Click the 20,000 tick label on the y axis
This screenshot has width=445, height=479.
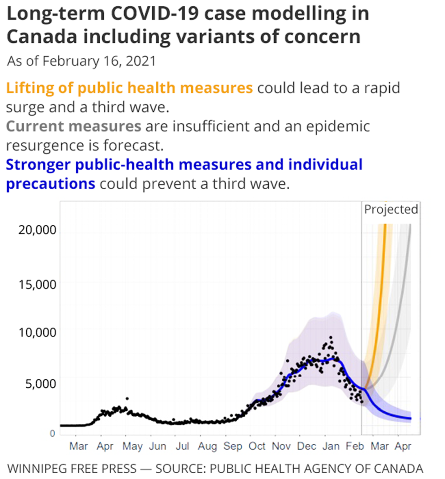click(x=37, y=230)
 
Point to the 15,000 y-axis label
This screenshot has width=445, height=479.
click(x=37, y=284)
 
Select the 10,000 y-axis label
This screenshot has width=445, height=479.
click(x=37, y=332)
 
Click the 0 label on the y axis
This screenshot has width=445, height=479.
click(x=52, y=433)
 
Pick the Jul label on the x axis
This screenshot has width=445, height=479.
click(x=182, y=446)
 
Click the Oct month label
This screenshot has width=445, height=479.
click(x=257, y=446)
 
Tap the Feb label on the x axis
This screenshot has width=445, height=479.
click(x=356, y=446)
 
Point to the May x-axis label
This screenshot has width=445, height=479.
click(x=133, y=446)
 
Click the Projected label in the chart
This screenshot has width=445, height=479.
click(x=391, y=209)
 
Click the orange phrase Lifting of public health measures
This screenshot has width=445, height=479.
click(x=129, y=88)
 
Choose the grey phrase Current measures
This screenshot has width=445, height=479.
click(x=73, y=126)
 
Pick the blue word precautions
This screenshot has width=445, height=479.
click(x=50, y=183)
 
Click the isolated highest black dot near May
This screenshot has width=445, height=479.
click(x=127, y=399)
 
